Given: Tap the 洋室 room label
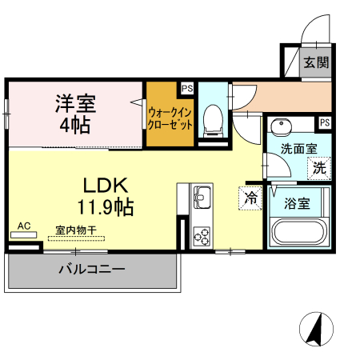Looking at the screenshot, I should [75, 103].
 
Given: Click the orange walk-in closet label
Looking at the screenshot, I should [170, 118].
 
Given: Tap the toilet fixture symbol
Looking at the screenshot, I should [212, 120].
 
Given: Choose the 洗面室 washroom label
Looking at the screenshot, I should [298, 149].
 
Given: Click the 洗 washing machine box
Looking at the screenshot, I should [318, 169].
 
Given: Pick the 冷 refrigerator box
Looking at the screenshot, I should [250, 196].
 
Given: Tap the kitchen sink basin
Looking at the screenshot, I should [201, 194].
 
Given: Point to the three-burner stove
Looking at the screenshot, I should [201, 237].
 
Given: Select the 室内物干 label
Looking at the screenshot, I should [75, 230].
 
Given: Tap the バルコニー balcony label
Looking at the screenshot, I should [91, 270].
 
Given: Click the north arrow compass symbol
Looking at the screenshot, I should [318, 329].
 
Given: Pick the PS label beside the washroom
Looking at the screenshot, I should [324, 122].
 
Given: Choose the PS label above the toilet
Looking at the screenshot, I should [186, 89].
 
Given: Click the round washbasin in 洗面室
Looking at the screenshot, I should [281, 128].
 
